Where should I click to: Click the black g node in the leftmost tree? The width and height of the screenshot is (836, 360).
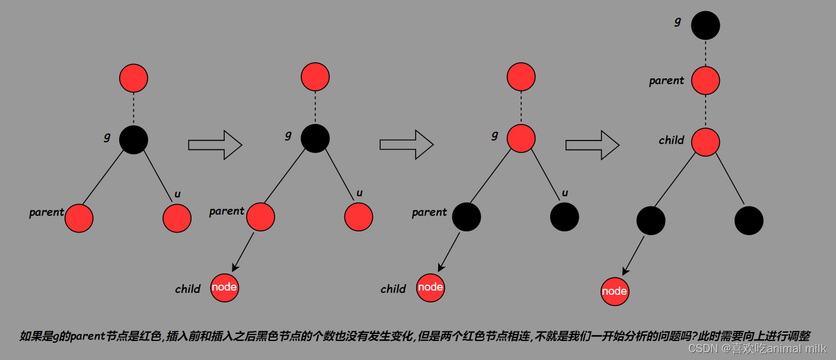click(133, 140)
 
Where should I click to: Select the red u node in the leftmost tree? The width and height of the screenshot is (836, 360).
click(177, 218)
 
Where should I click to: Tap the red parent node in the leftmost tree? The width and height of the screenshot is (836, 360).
click(79, 218)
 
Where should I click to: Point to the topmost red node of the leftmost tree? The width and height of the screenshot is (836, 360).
click(133, 78)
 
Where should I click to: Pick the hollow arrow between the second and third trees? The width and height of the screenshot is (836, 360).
click(406, 145)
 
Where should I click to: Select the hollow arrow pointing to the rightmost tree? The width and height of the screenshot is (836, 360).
click(592, 145)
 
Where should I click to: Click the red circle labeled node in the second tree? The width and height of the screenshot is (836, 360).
click(224, 288)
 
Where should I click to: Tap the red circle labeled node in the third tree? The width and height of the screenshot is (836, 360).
click(430, 288)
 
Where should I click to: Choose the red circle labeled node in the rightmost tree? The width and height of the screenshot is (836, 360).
click(614, 291)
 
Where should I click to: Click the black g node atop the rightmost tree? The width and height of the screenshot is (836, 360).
click(706, 26)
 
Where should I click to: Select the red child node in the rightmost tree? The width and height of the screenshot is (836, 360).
click(706, 142)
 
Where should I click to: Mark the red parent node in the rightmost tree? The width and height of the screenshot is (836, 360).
click(706, 81)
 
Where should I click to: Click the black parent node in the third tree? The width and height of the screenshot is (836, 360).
click(466, 217)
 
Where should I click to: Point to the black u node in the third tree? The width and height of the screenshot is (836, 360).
click(564, 217)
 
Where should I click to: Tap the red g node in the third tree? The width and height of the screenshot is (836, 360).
click(521, 139)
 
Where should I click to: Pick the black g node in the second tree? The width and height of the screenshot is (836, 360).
click(315, 139)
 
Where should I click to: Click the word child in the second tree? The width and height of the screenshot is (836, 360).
click(187, 289)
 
